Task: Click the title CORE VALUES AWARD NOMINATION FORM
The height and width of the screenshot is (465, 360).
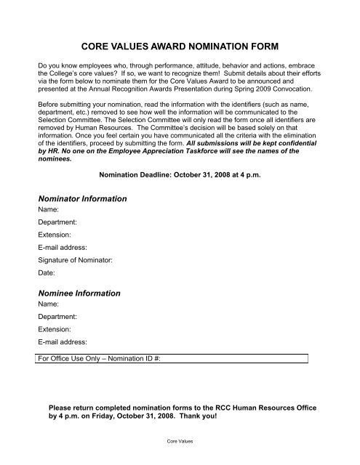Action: coord(179,44)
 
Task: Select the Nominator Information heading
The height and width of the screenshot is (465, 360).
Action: coord(82,198)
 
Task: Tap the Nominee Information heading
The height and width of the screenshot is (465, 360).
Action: coord(79,294)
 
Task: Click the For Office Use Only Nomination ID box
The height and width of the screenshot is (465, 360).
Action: coord(173,358)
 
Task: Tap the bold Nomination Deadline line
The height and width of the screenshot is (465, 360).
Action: coord(180,174)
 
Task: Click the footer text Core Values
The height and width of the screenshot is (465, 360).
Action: coord(180,440)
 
